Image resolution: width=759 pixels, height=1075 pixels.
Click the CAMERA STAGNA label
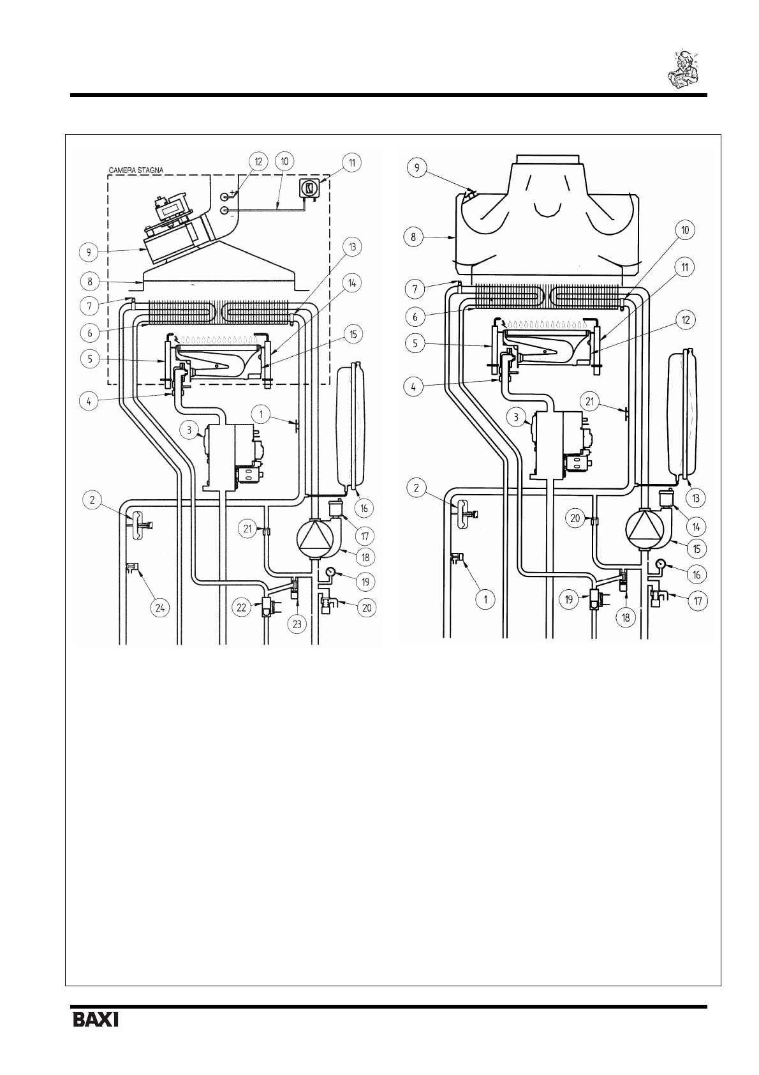point(136,170)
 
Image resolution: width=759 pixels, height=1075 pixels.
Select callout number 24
point(159,608)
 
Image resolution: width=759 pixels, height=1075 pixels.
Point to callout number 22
point(241,608)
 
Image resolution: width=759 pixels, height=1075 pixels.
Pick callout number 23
point(297,624)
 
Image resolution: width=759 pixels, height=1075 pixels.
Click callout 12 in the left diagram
point(258,162)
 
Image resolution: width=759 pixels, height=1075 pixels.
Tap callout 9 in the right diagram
point(416,167)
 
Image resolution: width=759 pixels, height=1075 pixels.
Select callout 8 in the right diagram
point(413,237)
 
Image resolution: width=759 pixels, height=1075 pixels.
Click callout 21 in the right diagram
point(590,401)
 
